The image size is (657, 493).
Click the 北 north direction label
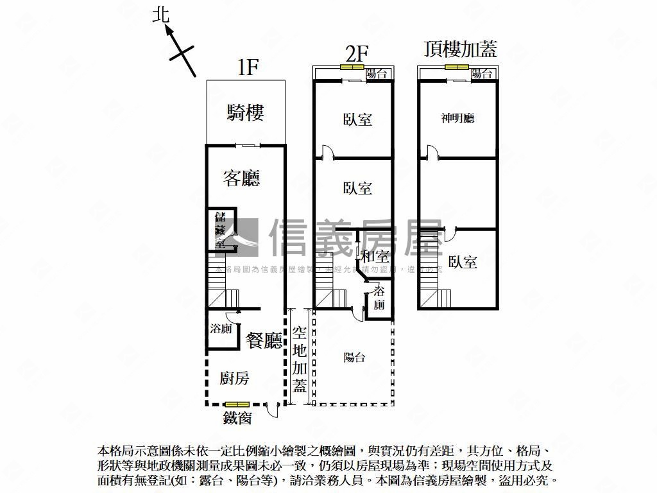[x=161, y=15]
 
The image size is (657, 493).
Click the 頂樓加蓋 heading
[x=461, y=49]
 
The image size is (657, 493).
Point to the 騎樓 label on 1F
[x=245, y=113]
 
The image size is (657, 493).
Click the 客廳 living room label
[x=242, y=178]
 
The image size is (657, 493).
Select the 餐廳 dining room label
[x=264, y=340]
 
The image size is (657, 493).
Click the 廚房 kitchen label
[x=234, y=378]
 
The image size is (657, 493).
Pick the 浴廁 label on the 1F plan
[x=221, y=329]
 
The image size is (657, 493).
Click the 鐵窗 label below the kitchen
[x=237, y=419]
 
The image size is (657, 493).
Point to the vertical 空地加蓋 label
[x=300, y=359]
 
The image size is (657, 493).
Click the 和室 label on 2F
[x=375, y=256]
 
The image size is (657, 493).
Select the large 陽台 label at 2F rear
[x=354, y=358]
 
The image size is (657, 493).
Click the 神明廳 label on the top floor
[x=457, y=118]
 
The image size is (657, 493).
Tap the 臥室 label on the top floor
[x=463, y=262]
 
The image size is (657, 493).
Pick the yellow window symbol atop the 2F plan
[x=352, y=66]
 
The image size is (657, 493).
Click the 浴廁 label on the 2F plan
[x=379, y=299]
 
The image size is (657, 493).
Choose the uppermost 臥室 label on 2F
[x=357, y=119]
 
